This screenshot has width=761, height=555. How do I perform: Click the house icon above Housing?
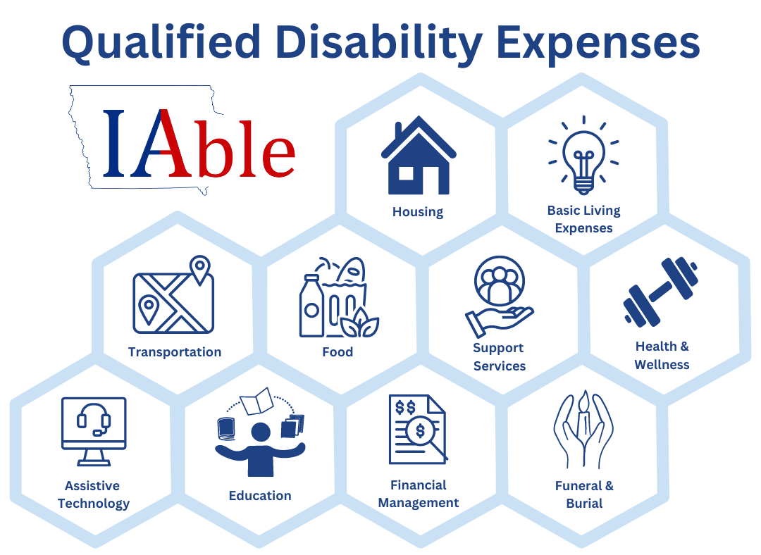coord(419,156)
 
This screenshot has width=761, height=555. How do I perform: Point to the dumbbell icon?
coord(661,292)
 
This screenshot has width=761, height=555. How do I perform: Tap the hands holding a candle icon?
coord(583,431)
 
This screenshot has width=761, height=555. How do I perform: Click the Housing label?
coord(418,212)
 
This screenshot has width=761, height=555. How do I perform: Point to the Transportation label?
coord(175,352)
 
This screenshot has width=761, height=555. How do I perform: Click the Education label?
coord(260,496)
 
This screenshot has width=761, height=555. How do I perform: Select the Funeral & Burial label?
coord(584,494)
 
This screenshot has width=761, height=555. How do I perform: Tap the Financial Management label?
coord(419,494)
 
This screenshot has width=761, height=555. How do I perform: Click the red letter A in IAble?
coord(168,144)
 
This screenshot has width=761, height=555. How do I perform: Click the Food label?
coord(338,352)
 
